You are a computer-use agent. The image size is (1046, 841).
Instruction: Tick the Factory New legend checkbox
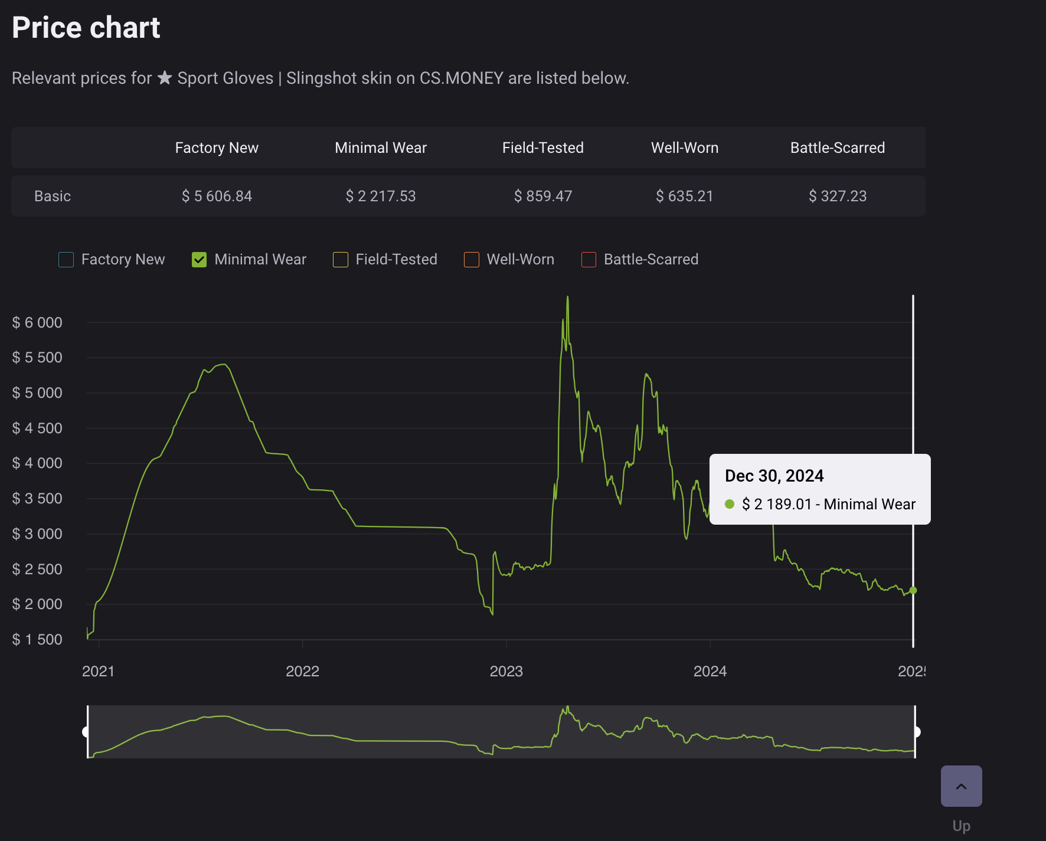(66, 260)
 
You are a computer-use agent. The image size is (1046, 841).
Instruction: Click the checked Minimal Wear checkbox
(200, 260)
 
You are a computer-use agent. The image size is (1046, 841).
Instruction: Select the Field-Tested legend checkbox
(341, 260)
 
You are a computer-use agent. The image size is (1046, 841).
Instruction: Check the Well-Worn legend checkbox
(472, 260)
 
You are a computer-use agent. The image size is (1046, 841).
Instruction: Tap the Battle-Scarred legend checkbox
(589, 260)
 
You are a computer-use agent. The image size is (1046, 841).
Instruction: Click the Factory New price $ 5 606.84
(217, 196)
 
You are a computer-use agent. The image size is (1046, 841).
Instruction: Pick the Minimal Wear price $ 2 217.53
(381, 196)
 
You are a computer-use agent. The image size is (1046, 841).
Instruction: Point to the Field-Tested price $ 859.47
(543, 196)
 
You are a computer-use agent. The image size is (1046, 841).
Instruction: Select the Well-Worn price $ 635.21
(685, 196)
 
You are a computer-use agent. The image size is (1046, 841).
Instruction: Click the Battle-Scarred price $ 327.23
(838, 196)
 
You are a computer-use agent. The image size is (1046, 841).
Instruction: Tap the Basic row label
(53, 196)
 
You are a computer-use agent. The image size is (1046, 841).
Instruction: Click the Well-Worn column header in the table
(685, 148)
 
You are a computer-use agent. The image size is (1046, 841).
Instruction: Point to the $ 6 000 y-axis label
(37, 323)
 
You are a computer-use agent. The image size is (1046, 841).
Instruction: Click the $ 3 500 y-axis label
(37, 499)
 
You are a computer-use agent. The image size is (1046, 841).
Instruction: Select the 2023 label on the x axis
(506, 671)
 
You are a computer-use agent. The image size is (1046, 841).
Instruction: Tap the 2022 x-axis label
(302, 671)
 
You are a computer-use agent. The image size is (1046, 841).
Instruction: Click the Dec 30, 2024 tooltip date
(774, 476)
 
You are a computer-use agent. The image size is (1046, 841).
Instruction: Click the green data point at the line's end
(913, 590)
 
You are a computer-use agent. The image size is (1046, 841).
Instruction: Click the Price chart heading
(86, 28)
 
